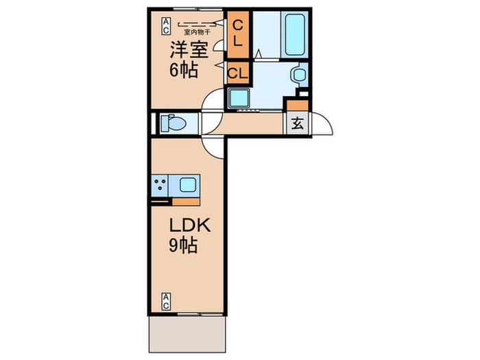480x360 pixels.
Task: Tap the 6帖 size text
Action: pyautogui.click(x=184, y=69)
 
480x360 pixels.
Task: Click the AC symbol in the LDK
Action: pyautogui.click(x=167, y=300)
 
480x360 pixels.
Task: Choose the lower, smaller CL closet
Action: pyautogui.click(x=237, y=72)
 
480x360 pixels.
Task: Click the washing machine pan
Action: pyautogui.click(x=239, y=99)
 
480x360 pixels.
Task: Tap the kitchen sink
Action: pyautogui.click(x=188, y=184)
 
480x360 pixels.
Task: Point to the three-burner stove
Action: pyautogui.click(x=162, y=184)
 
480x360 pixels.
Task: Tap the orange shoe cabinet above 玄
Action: pyautogui.click(x=296, y=106)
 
